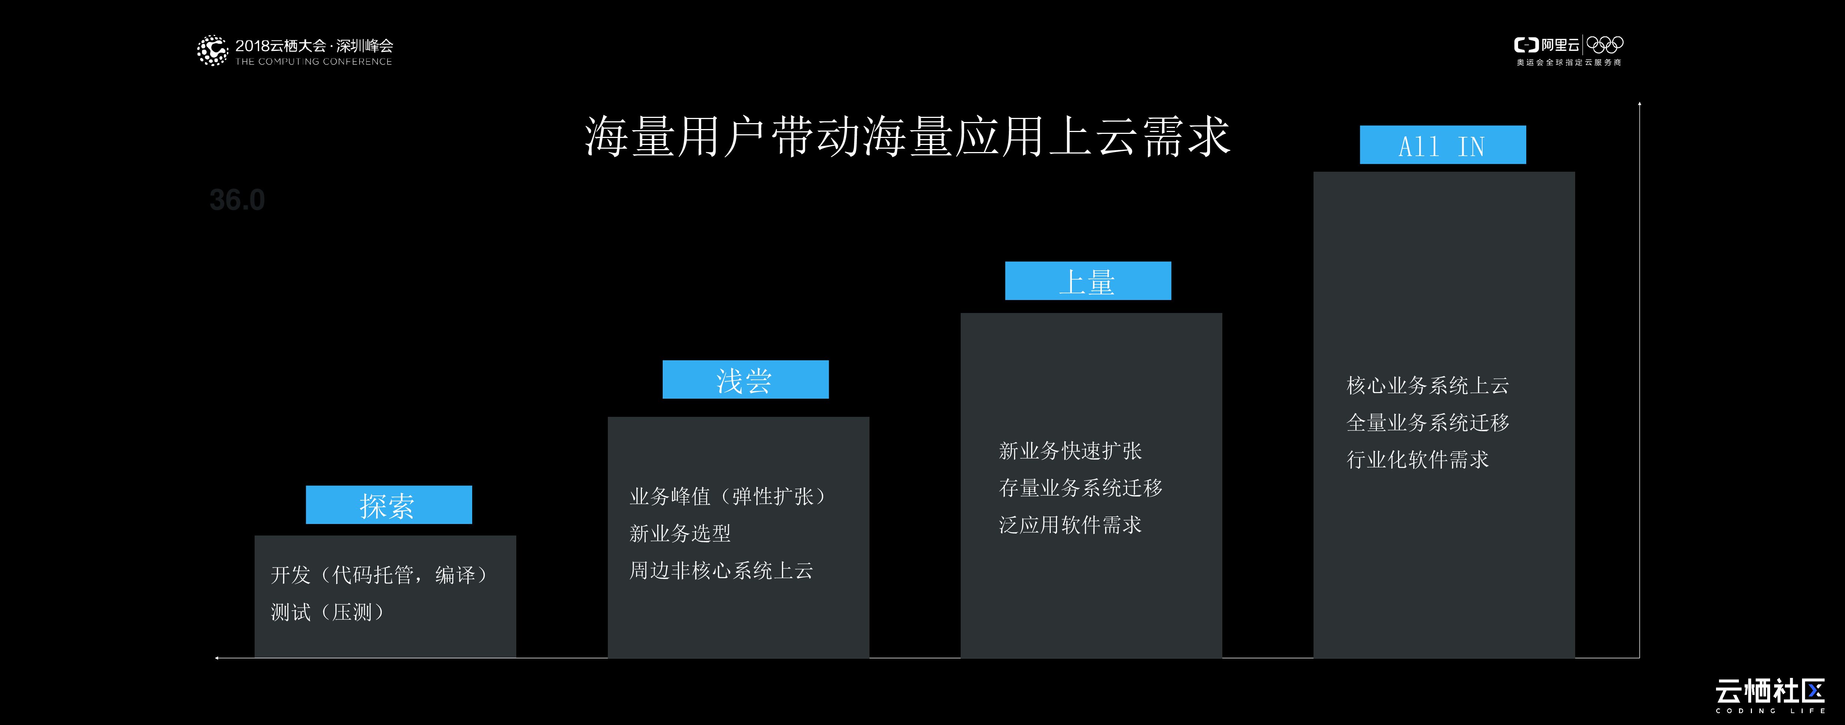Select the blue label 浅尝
pyautogui.click(x=745, y=380)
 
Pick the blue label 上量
pyautogui.click(x=1087, y=281)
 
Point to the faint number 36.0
pyautogui.click(x=237, y=200)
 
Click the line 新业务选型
pyautogui.click(x=680, y=533)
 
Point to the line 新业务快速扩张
pyautogui.click(x=1070, y=451)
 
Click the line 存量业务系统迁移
pyautogui.click(x=1080, y=488)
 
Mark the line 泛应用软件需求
pyautogui.click(x=1070, y=525)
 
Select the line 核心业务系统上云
pyautogui.click(x=1427, y=385)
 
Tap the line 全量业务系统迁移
pyautogui.click(x=1427, y=423)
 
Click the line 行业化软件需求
pyautogui.click(x=1417, y=459)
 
